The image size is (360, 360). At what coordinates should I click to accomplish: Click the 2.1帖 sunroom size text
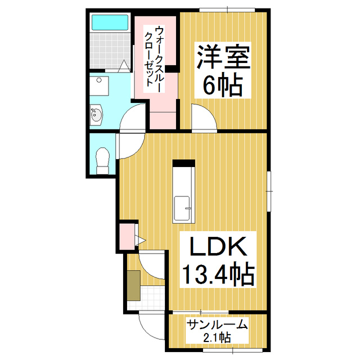[217, 337]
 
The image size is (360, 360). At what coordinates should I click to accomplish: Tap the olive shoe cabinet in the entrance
[133, 285]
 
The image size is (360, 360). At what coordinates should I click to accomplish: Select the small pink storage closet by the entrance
[127, 236]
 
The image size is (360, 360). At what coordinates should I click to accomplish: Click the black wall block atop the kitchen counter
[183, 164]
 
